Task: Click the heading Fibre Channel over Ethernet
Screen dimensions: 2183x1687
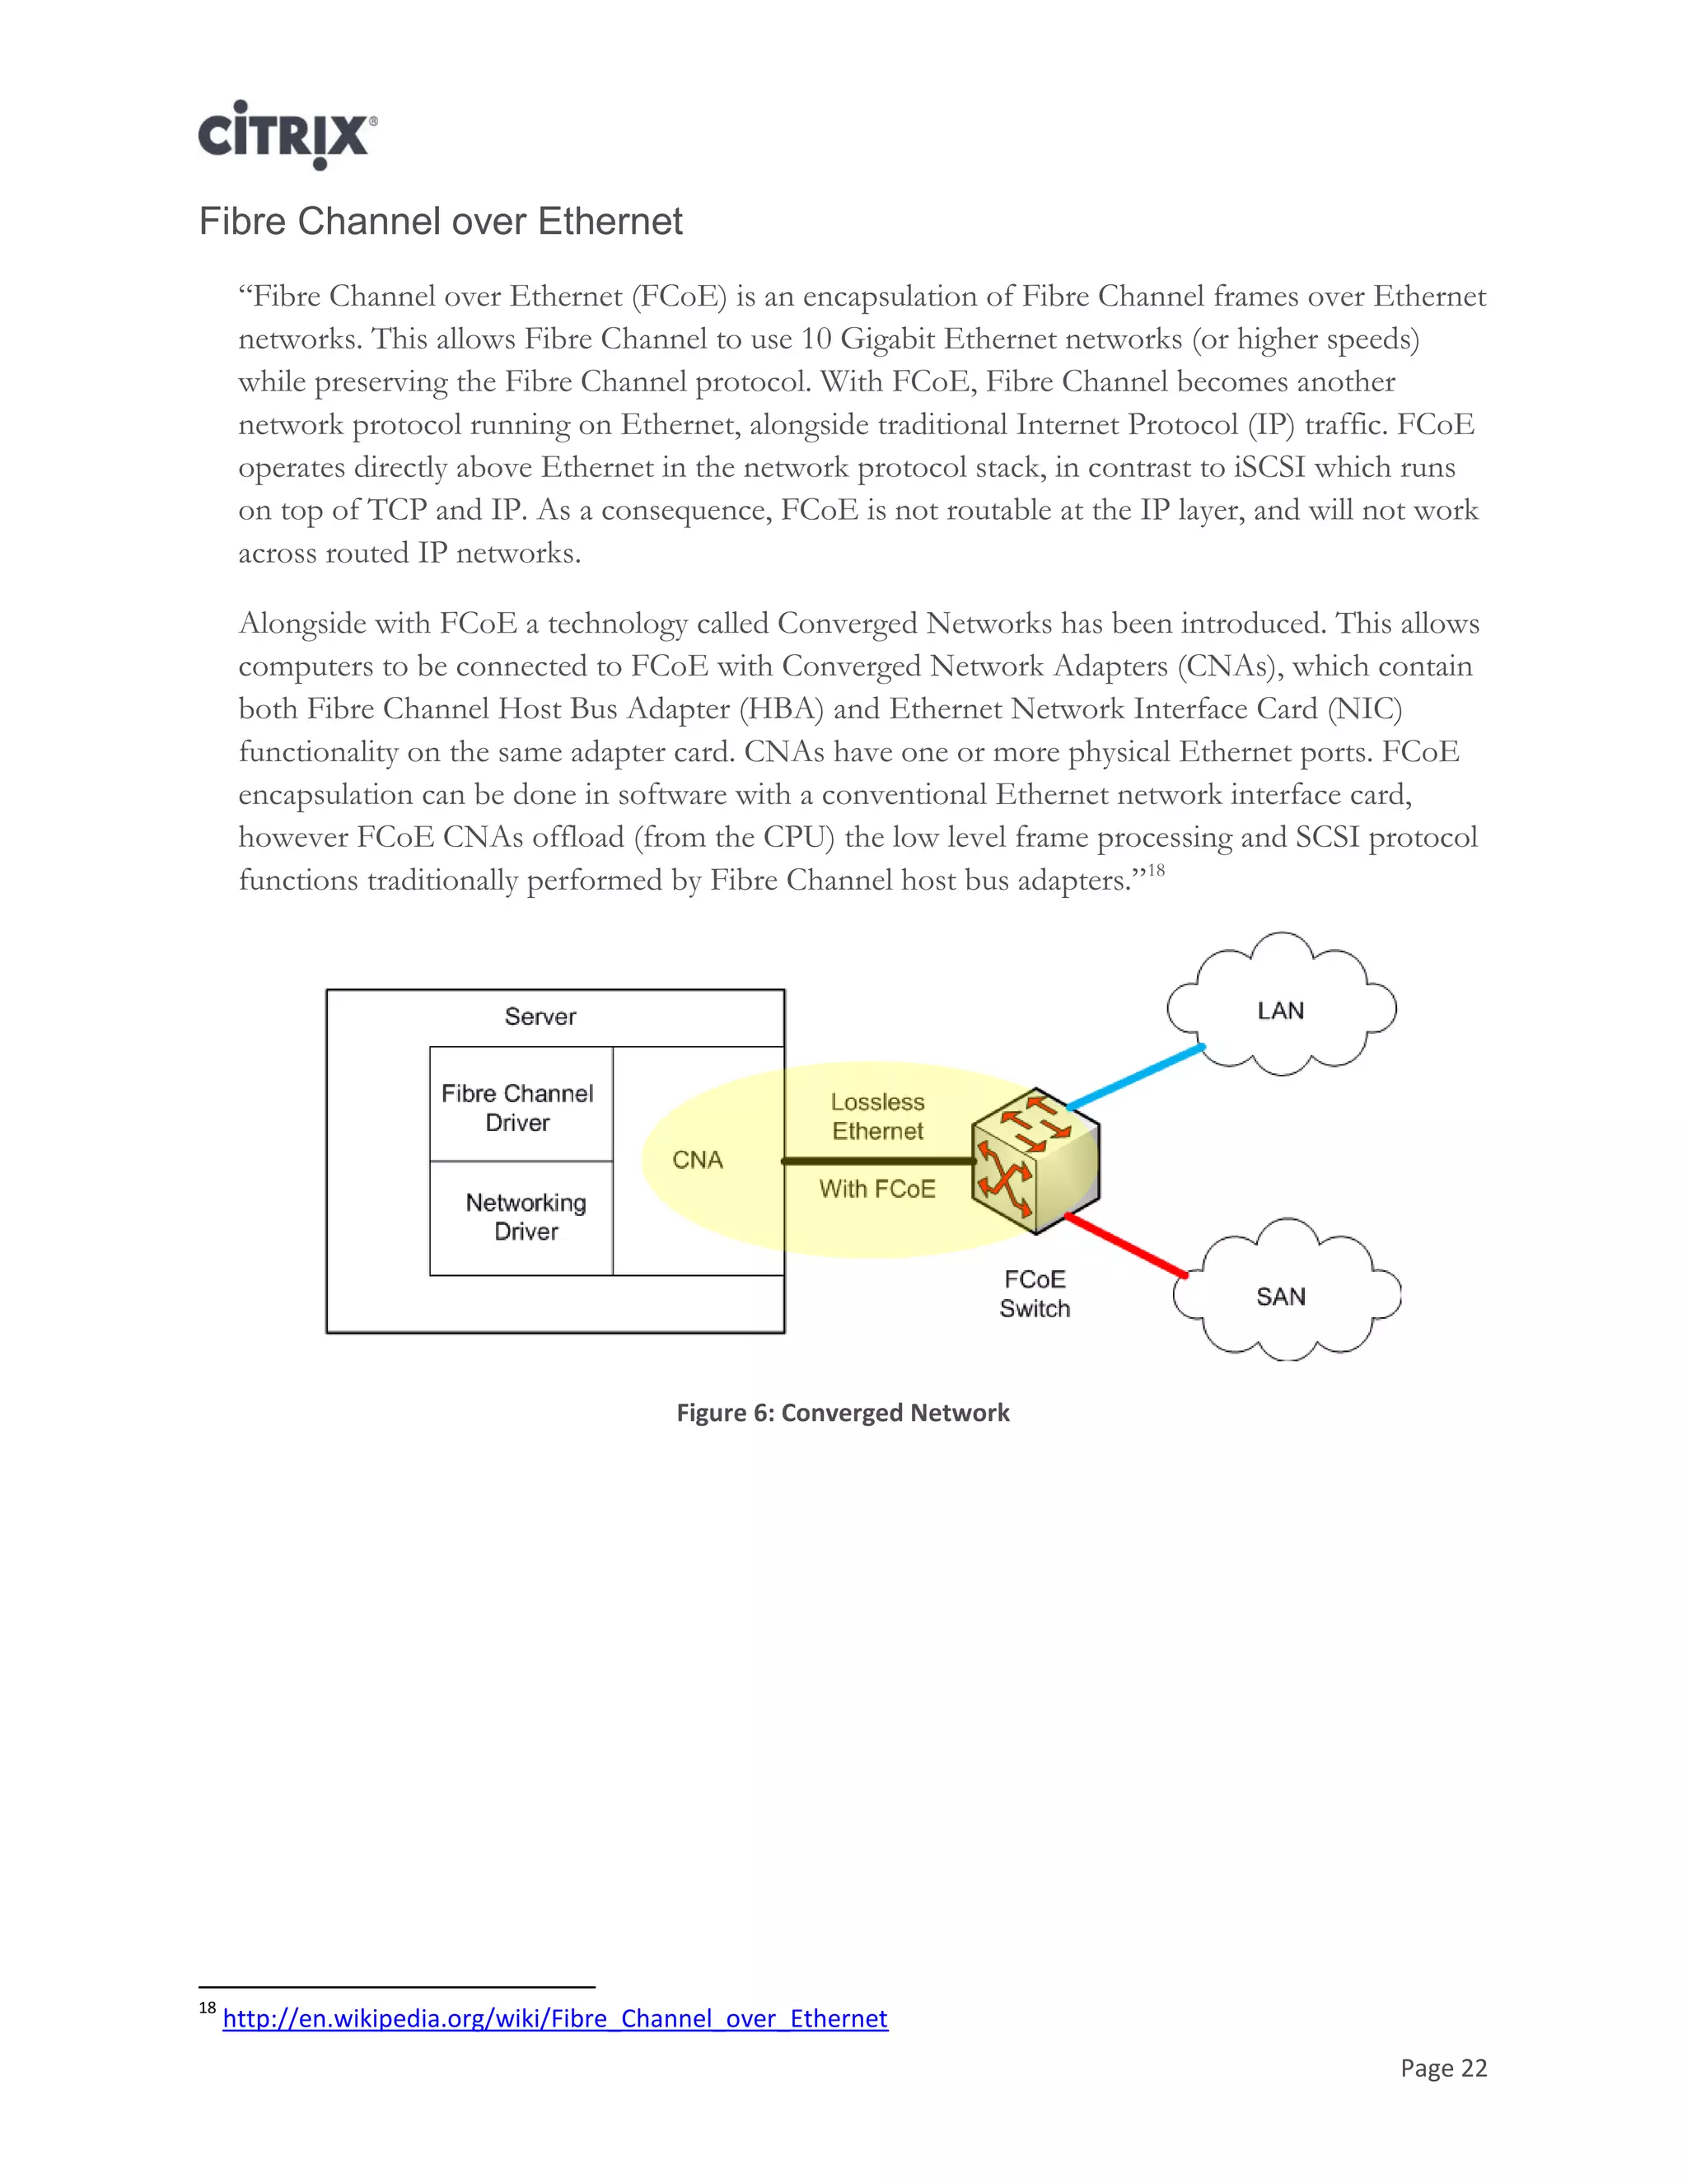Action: point(440,221)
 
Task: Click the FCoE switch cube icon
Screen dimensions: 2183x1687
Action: point(1036,1161)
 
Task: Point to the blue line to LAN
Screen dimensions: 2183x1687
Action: point(1135,1077)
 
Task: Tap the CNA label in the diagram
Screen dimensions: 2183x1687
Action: point(697,1160)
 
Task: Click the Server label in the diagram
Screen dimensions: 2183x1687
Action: point(540,1017)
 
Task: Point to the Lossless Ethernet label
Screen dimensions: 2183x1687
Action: point(877,1116)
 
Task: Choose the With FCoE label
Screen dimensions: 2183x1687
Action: point(877,1189)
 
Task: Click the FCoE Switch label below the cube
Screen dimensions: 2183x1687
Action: point(1035,1293)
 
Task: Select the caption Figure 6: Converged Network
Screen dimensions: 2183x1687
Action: point(843,1412)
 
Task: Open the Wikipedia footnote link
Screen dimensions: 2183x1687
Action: point(554,2018)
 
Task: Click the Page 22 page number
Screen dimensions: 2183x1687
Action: point(1443,2068)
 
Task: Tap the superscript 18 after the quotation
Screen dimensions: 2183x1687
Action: point(1156,870)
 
